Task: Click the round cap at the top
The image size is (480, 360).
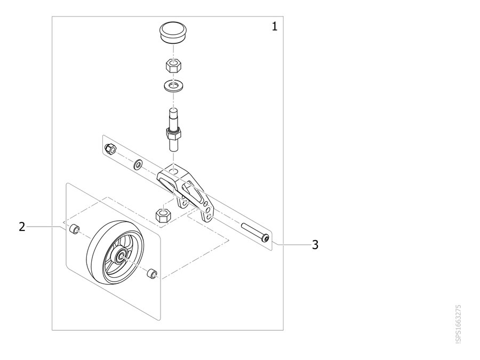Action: click(173, 33)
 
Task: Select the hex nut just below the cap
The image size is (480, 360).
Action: click(173, 66)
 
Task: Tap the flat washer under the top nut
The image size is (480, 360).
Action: click(173, 85)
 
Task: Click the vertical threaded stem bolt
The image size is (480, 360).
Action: click(173, 130)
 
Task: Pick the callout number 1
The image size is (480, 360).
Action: click(275, 27)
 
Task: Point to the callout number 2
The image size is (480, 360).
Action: click(22, 227)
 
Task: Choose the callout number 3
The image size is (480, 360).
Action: click(315, 245)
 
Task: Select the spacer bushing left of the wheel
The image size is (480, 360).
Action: click(75, 229)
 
